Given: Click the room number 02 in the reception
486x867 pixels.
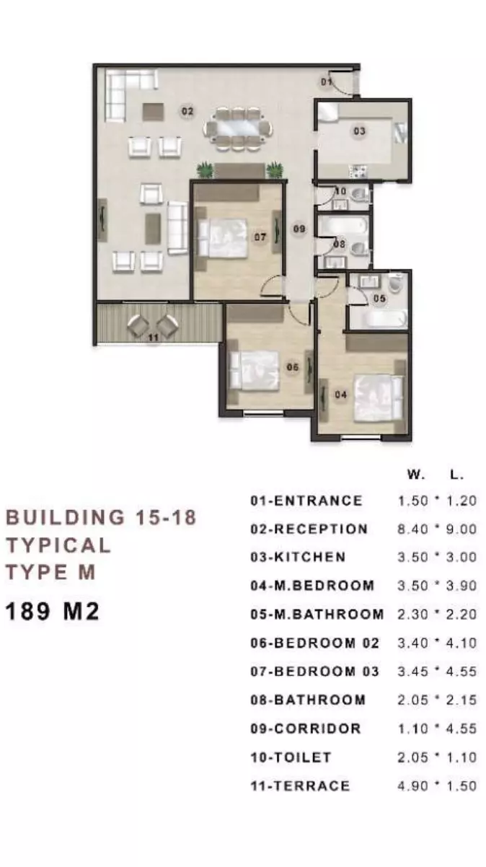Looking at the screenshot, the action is click(x=187, y=112).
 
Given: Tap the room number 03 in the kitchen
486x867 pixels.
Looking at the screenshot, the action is click(x=360, y=131).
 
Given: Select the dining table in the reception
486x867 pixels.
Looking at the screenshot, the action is click(x=237, y=128).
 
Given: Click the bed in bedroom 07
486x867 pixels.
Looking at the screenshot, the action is click(x=223, y=237).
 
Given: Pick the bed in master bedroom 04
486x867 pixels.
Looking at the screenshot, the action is click(x=379, y=397).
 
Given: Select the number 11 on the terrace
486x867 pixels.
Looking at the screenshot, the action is click(x=154, y=338).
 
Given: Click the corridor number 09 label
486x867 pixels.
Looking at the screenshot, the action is click(x=299, y=229).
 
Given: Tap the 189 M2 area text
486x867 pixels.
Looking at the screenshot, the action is click(x=52, y=612).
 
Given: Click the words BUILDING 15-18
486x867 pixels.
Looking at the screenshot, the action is click(x=102, y=517).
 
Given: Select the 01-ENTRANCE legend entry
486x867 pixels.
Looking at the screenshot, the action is click(x=306, y=501).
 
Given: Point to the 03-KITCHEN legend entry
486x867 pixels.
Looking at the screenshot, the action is click(x=298, y=557).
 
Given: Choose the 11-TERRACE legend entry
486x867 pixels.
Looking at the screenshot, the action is click(x=300, y=786).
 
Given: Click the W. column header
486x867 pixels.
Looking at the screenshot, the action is click(x=416, y=475).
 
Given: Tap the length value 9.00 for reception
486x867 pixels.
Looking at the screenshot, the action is click(x=461, y=529).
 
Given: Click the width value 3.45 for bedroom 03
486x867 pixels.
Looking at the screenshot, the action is click(x=413, y=672).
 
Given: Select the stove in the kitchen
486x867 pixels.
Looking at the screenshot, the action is click(x=358, y=172).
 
